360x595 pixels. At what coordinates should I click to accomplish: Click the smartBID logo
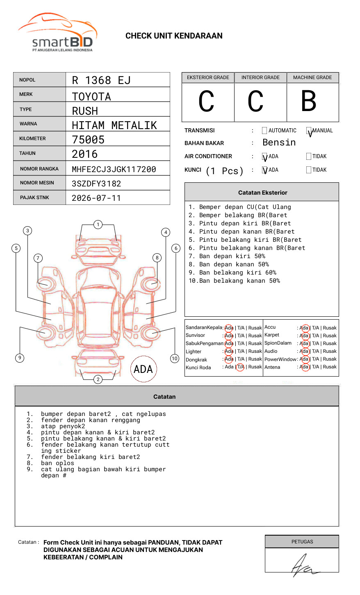click(57, 33)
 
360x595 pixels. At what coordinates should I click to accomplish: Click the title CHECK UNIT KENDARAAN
click(174, 36)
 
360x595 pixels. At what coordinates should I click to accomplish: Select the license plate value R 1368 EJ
click(101, 80)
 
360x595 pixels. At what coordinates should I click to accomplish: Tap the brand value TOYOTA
click(91, 97)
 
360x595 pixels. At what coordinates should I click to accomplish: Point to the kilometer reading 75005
click(88, 140)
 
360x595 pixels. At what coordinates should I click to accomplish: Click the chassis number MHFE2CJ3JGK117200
click(114, 169)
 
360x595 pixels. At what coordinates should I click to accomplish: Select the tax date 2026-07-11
click(96, 198)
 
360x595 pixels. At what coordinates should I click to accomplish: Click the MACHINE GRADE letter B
click(309, 101)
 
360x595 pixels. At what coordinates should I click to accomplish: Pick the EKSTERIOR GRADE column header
click(208, 77)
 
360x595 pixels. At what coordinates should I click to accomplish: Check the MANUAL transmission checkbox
click(309, 131)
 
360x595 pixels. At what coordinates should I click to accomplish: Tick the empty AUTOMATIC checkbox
click(264, 131)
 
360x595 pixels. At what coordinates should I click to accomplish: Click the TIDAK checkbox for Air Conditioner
click(309, 157)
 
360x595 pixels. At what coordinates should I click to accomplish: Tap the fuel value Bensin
click(279, 143)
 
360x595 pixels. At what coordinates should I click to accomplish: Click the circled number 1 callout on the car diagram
click(98, 225)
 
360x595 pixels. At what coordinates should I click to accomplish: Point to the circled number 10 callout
click(175, 359)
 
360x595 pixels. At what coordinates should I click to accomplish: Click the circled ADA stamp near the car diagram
click(143, 369)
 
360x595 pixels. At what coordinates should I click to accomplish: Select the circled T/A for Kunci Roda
click(240, 367)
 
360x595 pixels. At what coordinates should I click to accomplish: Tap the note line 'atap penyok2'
click(63, 426)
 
